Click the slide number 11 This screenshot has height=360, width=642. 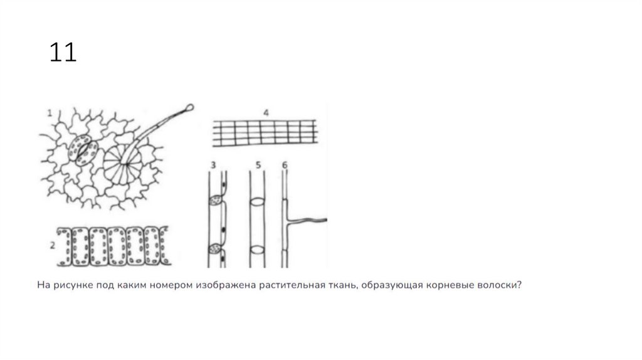pyautogui.click(x=63, y=52)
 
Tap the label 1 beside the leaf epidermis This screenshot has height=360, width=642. pyautogui.click(x=50, y=113)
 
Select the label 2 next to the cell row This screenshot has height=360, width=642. pyautogui.click(x=53, y=246)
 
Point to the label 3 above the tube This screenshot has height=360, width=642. pyautogui.click(x=213, y=165)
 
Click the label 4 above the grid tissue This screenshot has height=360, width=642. pyautogui.click(x=266, y=113)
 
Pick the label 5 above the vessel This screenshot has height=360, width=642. pyautogui.click(x=258, y=165)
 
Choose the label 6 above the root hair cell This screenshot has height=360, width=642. pyautogui.click(x=285, y=165)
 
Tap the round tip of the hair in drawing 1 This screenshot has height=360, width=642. pyautogui.click(x=189, y=108)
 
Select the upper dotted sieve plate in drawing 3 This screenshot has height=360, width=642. pyautogui.click(x=216, y=201)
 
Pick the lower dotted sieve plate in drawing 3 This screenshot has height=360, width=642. pyautogui.click(x=216, y=248)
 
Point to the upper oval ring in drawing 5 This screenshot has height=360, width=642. pyautogui.click(x=258, y=202)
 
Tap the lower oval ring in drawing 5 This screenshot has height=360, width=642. pyautogui.click(x=258, y=250)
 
